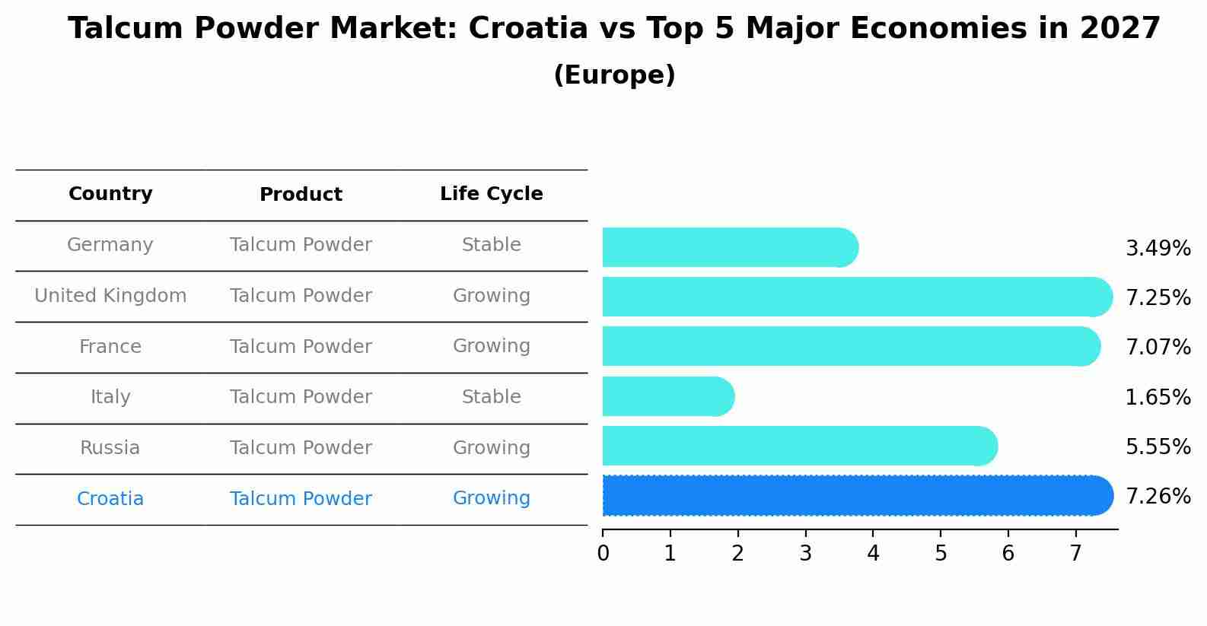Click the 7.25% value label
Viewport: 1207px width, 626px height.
pos(1158,297)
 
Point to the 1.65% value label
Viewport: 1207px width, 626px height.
pos(1158,397)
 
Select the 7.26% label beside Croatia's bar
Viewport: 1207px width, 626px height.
pos(1158,497)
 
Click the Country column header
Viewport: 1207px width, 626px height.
pos(110,194)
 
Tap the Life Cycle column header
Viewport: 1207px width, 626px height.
pos(491,194)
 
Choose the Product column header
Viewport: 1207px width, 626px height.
pos(301,195)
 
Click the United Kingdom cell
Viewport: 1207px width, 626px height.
pos(110,296)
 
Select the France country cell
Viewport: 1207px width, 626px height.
pos(110,347)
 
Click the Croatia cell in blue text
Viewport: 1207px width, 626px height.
pos(110,499)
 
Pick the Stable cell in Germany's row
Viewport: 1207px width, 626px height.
pos(491,245)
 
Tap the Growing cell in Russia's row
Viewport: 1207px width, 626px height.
pos(491,448)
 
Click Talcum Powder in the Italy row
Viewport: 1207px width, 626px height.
pos(301,397)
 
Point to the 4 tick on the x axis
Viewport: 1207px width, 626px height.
pos(873,553)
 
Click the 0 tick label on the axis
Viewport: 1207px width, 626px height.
pos(603,553)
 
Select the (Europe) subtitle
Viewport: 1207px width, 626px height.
pos(614,75)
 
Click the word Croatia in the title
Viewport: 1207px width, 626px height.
pos(527,29)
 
